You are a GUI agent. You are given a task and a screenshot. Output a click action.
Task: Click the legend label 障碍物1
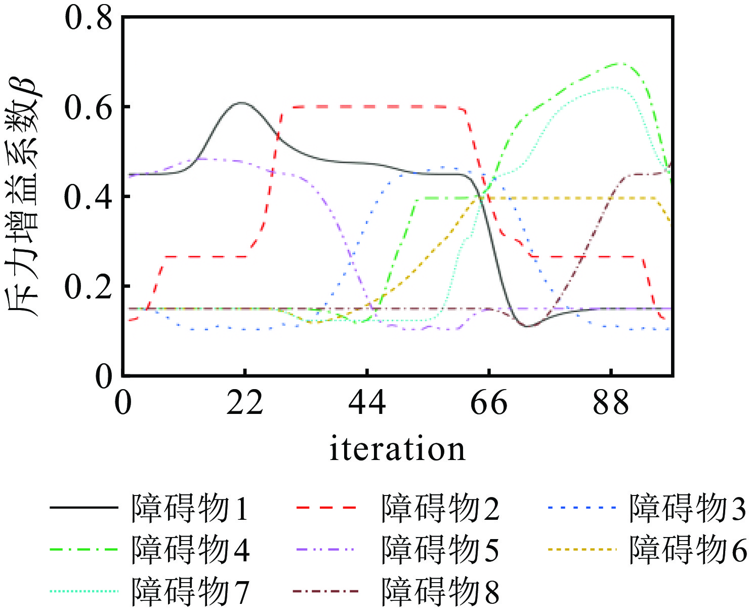click(190, 508)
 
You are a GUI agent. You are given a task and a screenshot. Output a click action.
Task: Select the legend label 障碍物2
click(440, 508)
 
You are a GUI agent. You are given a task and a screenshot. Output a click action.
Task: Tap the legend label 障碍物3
click(688, 508)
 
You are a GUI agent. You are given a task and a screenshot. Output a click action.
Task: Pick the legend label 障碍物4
click(190, 550)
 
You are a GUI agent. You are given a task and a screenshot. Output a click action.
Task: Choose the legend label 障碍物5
click(440, 550)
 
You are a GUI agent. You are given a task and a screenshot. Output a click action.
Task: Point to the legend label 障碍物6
click(688, 550)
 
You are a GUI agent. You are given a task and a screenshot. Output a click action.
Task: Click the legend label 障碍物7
click(190, 591)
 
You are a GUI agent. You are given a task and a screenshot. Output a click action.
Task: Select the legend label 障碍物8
click(440, 591)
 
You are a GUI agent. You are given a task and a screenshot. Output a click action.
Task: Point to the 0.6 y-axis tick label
click(89, 107)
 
